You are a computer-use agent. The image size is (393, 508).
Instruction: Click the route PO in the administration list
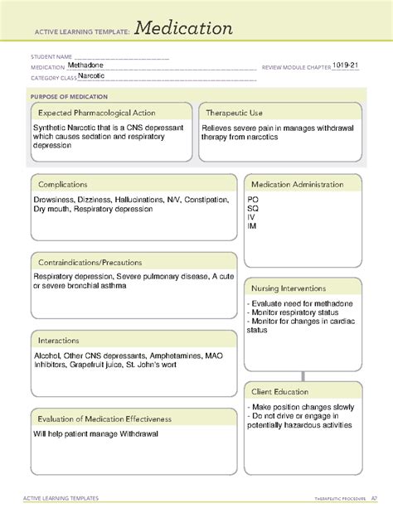coord(252,200)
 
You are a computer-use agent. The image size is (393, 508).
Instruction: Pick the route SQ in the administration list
coord(252,209)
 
